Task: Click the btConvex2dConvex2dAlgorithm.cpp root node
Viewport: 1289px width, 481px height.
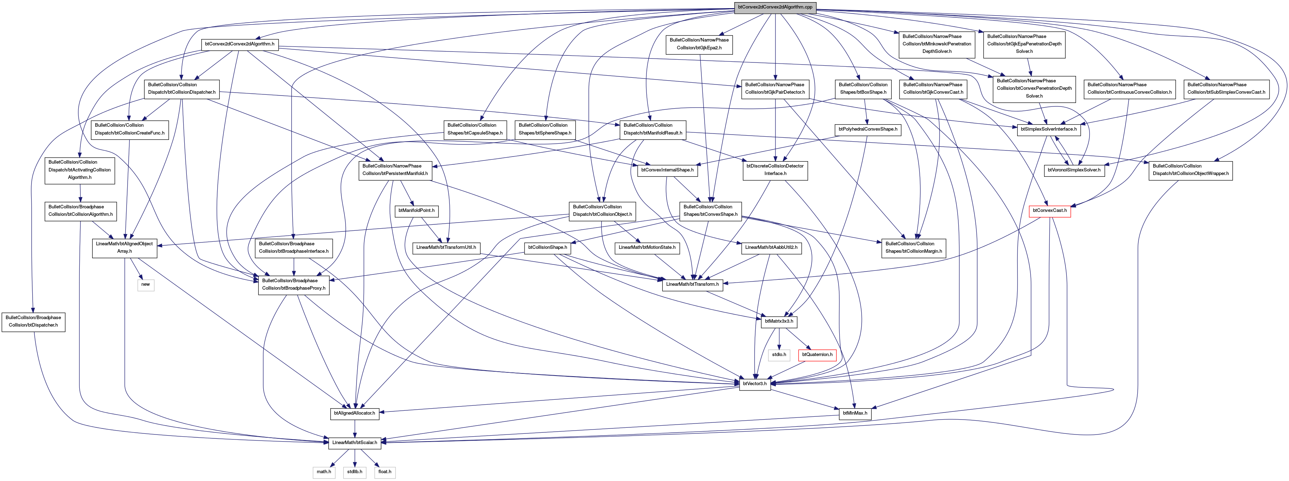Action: coord(775,7)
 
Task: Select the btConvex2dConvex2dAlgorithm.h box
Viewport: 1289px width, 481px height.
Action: coord(239,44)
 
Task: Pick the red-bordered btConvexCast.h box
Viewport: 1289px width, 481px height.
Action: coord(1050,211)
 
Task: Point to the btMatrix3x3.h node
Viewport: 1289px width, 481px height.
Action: coord(779,322)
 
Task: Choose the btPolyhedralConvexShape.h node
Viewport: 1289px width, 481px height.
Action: coord(868,129)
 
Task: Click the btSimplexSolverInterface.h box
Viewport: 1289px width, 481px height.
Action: coord(1049,129)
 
